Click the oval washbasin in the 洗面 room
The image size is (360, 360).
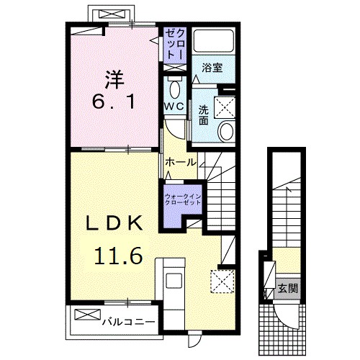coord(226,131)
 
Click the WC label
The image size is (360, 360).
coord(174,106)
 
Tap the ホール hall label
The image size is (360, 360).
coord(181,163)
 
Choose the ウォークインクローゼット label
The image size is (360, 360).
coord(182,199)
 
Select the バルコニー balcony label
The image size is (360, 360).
coord(127,321)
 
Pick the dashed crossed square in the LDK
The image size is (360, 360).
coord(222,279)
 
